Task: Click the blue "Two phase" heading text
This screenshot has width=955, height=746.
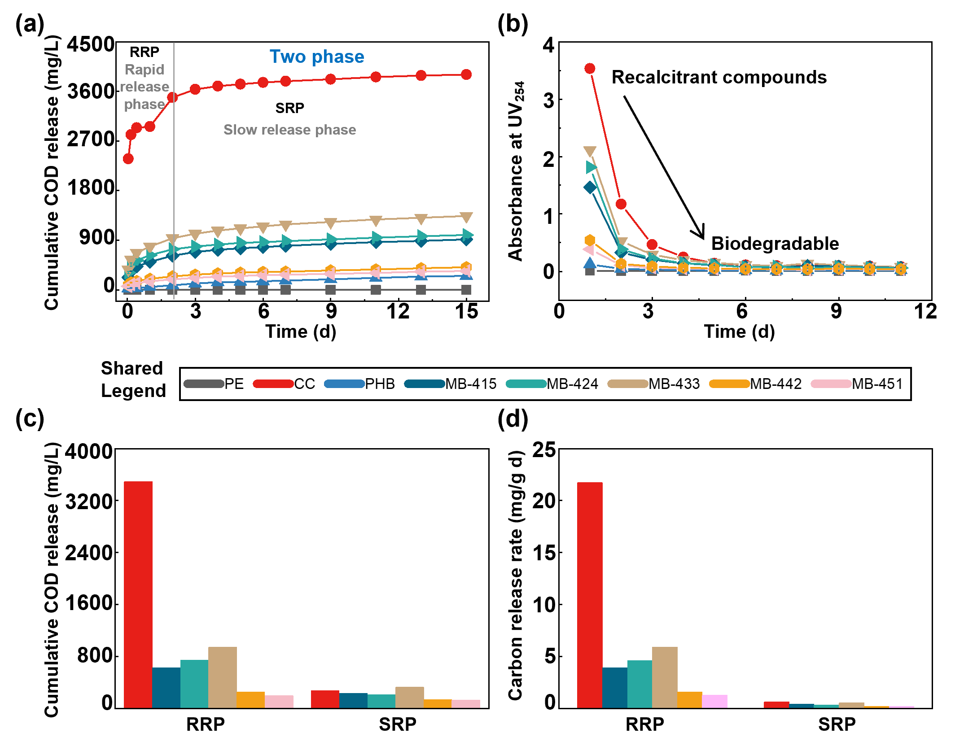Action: click(317, 57)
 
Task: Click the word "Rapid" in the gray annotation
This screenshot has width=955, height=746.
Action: click(145, 70)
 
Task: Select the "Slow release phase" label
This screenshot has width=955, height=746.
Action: click(289, 130)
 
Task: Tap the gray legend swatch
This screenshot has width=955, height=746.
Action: click(204, 384)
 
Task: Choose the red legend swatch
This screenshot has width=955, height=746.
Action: click(273, 384)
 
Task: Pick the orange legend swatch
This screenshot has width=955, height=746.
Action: click(729, 384)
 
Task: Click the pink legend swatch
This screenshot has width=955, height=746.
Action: click(831, 384)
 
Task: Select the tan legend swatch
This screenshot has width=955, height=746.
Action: click(628, 384)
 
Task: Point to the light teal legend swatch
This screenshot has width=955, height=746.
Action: click(526, 384)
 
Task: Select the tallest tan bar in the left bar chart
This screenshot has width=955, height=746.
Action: click(223, 677)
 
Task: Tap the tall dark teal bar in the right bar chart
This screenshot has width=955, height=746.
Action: click(614, 687)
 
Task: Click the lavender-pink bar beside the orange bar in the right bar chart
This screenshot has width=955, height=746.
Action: click(715, 701)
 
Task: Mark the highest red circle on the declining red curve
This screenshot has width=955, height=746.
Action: click(590, 68)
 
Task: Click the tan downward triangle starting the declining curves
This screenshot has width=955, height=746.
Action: click(590, 151)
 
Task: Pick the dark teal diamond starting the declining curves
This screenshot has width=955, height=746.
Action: click(590, 187)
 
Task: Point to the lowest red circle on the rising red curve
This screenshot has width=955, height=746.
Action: click(128, 158)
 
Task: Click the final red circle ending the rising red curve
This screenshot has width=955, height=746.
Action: click(466, 74)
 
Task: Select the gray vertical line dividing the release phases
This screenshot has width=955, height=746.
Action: click(174, 179)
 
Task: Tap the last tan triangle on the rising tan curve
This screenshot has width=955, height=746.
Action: click(466, 217)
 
